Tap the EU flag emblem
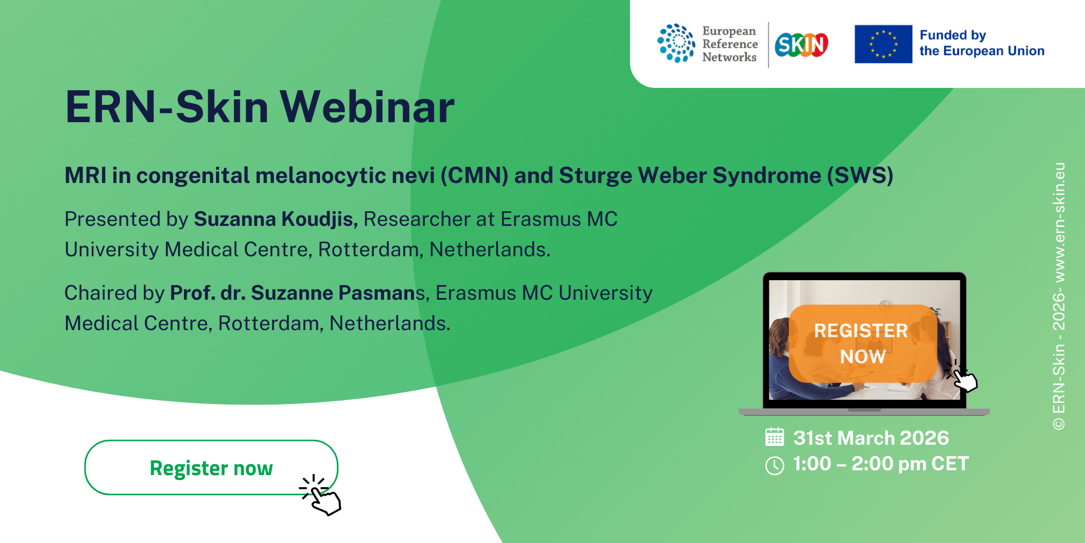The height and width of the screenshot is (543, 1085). (883, 44)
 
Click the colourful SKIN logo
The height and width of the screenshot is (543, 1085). (801, 45)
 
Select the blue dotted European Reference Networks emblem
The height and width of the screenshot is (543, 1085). (676, 43)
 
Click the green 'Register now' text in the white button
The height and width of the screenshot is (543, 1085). (211, 468)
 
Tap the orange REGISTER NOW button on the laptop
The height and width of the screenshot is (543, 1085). (863, 343)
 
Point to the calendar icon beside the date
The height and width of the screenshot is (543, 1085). (775, 437)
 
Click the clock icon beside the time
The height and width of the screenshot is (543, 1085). (775, 465)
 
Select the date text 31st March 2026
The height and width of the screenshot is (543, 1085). (871, 438)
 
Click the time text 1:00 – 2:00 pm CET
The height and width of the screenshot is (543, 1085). (881, 464)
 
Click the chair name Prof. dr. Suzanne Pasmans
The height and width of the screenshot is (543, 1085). (297, 293)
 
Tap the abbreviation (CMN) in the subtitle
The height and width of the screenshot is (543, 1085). (474, 175)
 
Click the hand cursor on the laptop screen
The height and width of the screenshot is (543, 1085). (961, 376)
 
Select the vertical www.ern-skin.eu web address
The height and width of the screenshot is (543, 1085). (1059, 222)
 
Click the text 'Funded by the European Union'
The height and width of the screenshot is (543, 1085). (982, 43)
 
